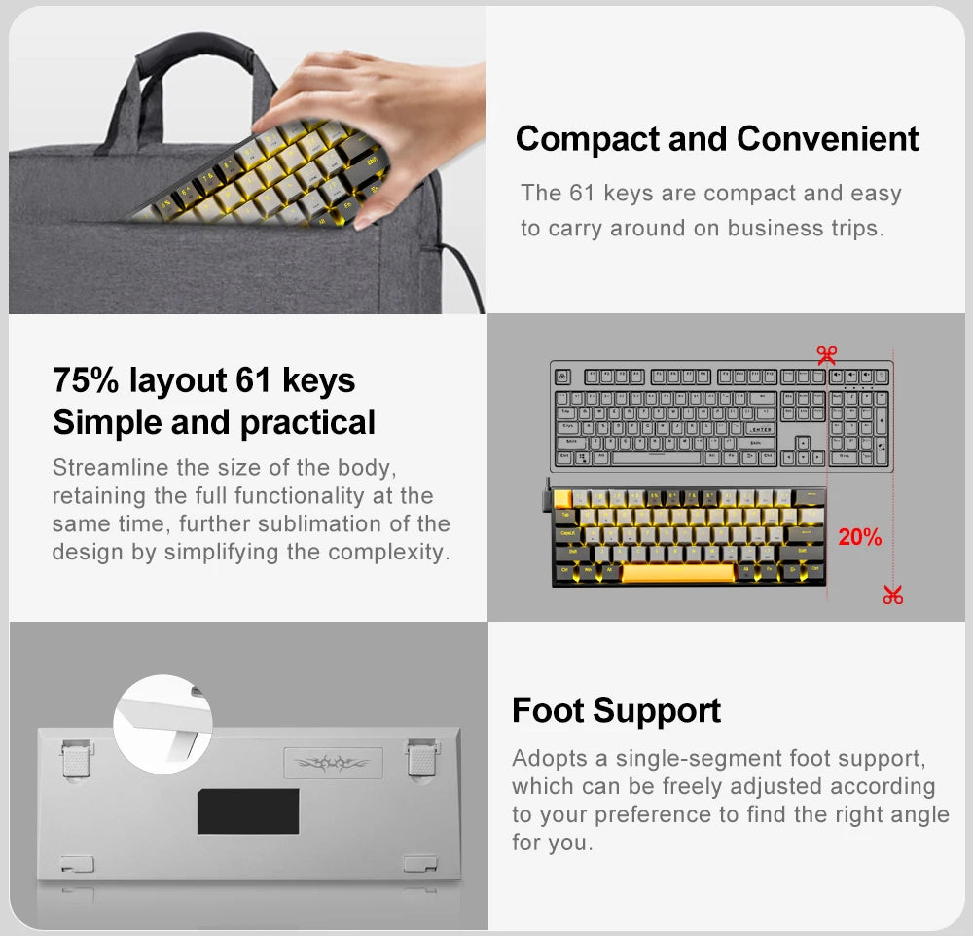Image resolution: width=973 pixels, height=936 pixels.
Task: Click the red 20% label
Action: click(859, 536)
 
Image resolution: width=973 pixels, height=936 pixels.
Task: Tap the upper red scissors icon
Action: click(827, 355)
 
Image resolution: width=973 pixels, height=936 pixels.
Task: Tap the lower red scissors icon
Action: click(892, 594)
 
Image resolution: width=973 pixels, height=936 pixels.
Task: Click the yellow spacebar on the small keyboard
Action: click(678, 572)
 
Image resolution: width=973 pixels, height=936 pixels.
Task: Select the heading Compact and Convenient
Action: click(716, 138)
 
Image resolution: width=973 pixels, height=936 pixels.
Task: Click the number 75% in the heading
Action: click(87, 379)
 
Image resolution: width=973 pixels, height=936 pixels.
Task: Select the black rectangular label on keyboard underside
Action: click(248, 810)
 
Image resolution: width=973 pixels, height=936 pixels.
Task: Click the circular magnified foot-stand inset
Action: click(162, 724)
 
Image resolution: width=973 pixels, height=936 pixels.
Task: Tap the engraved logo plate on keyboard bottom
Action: click(333, 762)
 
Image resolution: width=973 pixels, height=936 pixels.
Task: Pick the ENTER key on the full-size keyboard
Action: click(761, 428)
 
